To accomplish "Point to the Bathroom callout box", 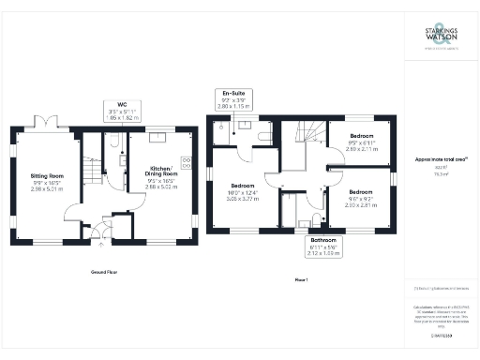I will click(x=324, y=247).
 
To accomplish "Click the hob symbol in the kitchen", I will click(x=186, y=162).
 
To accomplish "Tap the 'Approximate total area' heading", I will click(x=440, y=160).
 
